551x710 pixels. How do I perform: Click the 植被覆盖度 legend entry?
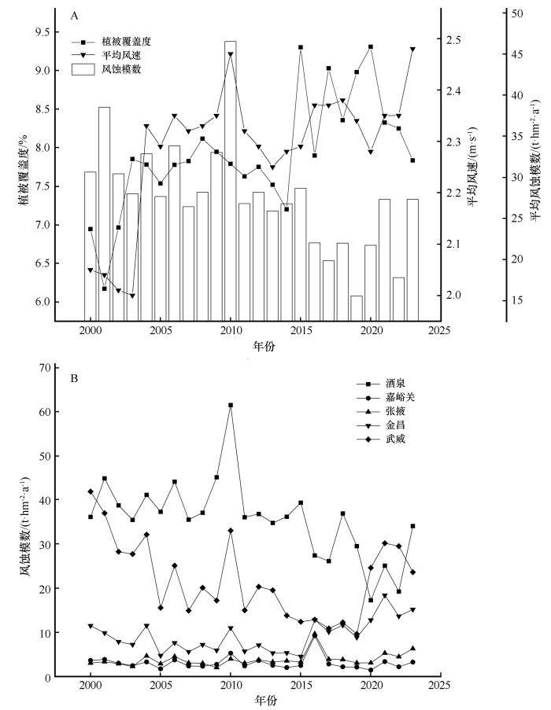tap(112, 41)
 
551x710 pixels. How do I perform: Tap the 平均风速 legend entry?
tap(112, 55)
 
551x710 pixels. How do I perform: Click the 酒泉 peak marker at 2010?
tap(231, 405)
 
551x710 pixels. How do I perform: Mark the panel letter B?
tap(74, 378)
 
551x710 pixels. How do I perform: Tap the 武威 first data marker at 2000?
tap(91, 491)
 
